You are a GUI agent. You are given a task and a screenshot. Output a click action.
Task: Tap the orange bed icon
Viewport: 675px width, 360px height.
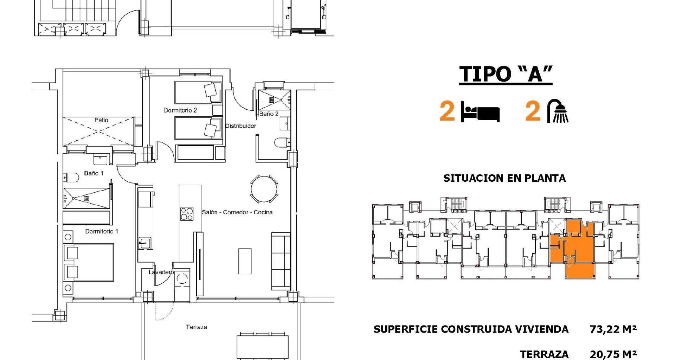(480, 112)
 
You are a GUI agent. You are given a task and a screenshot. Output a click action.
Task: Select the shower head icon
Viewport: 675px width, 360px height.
(558, 111)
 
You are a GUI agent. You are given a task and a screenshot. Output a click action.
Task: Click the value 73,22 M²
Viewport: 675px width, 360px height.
(613, 329)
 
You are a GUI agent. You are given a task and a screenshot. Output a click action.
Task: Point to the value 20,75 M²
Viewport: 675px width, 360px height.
(613, 354)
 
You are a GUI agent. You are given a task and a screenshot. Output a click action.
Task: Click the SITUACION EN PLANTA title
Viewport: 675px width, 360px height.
(504, 178)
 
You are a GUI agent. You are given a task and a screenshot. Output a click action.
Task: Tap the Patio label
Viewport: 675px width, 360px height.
(101, 120)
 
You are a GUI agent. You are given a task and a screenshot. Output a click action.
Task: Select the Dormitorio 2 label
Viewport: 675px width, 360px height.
(180, 110)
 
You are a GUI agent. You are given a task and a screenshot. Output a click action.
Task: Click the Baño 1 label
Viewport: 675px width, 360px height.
(94, 173)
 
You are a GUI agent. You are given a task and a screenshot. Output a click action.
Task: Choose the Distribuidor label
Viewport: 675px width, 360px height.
(241, 126)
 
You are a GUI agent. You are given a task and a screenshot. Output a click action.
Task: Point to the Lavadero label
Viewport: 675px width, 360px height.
(161, 272)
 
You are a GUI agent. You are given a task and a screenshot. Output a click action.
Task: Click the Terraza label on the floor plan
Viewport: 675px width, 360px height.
(197, 327)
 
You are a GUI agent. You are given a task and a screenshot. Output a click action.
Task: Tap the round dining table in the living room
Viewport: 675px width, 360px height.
(264, 189)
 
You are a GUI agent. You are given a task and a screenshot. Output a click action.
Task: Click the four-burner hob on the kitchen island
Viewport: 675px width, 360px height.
(187, 214)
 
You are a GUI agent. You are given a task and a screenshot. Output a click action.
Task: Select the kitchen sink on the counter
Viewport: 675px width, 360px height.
(145, 243)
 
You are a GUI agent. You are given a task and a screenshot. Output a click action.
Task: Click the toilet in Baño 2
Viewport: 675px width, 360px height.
(282, 142)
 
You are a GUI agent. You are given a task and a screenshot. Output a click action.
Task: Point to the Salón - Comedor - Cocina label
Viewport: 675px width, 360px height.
(237, 212)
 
